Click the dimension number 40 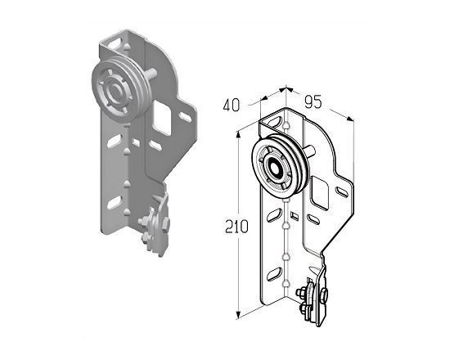231,106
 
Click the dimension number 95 313,101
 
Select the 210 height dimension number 236,227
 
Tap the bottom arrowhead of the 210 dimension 238,315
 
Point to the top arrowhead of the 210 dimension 238,135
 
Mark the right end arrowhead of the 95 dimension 350,119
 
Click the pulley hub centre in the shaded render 115,92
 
